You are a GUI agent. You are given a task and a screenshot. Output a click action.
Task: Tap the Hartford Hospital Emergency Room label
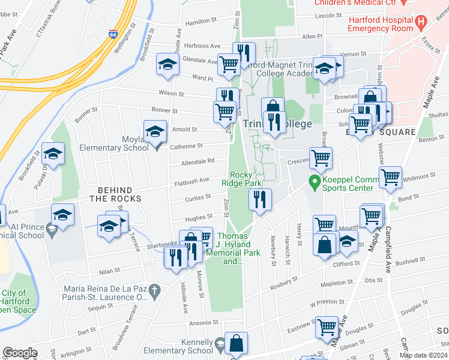point(381,23)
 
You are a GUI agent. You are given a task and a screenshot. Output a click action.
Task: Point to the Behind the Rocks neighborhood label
point(115,194)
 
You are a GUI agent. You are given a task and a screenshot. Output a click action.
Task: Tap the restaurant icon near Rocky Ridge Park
point(260,199)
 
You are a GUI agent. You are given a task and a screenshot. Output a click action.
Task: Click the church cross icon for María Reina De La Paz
point(155,292)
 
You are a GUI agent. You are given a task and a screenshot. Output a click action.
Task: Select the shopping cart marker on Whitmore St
point(390,178)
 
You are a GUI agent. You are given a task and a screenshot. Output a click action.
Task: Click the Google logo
point(20,352)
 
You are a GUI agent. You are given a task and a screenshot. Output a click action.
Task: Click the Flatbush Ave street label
point(191,180)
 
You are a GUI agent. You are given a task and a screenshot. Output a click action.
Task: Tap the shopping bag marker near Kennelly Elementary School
point(237,344)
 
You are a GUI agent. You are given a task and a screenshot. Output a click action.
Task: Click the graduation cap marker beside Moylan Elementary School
point(155,131)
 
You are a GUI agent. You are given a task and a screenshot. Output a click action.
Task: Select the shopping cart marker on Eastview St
point(327,327)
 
